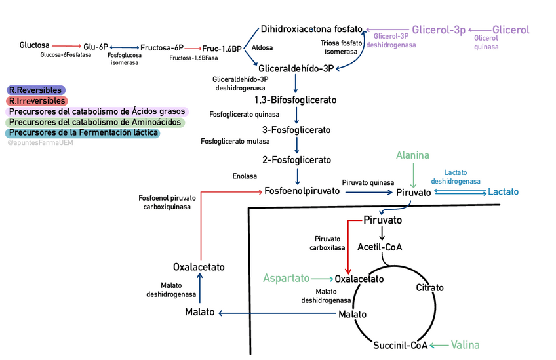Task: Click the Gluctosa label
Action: [x=34, y=45]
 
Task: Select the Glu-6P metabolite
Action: [x=95, y=47]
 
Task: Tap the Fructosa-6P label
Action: [x=162, y=48]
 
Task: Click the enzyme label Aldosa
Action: [x=262, y=48]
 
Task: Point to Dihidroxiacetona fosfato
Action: [x=311, y=29]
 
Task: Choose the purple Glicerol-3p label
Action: [x=438, y=30]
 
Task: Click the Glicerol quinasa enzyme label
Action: [x=486, y=42]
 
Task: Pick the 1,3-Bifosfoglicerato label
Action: [x=295, y=100]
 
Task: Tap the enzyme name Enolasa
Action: [x=245, y=176]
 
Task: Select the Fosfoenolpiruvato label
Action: [x=302, y=191]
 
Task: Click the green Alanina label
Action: [x=412, y=155]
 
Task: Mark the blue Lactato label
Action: [x=503, y=192]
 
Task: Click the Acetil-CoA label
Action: [x=380, y=247]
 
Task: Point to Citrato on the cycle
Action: [x=429, y=288]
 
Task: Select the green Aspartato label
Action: [x=286, y=278]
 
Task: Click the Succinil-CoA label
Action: [x=400, y=346]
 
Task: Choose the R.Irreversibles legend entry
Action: [x=37, y=101]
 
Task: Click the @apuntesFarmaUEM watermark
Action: [x=40, y=142]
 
